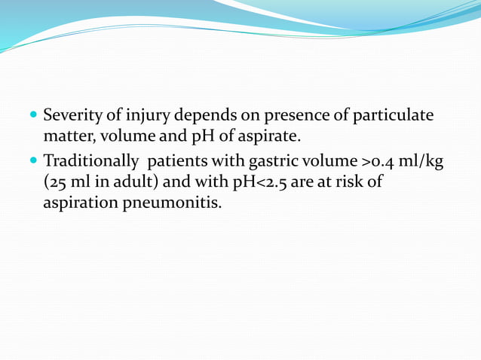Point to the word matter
(x=66, y=137)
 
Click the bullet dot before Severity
(x=32, y=117)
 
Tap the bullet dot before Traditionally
(x=32, y=160)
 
